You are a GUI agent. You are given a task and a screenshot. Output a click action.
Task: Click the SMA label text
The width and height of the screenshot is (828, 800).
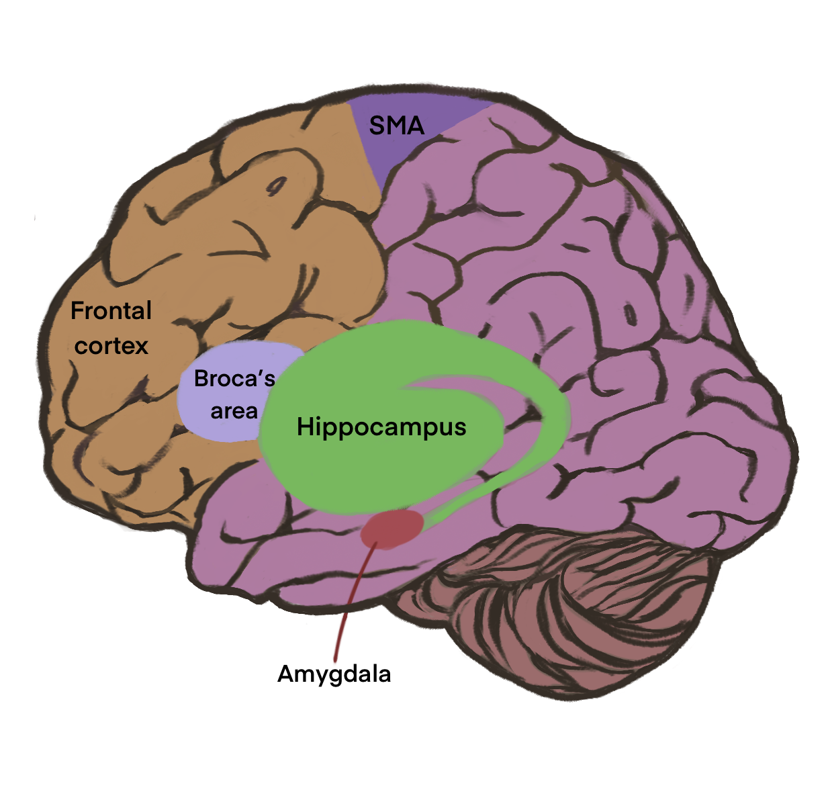coord(396,126)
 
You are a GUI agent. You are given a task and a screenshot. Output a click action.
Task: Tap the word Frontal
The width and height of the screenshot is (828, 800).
coord(111,311)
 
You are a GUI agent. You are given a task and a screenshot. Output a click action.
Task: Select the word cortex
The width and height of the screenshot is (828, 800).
coord(111,346)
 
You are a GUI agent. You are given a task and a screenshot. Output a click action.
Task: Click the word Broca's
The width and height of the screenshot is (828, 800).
coord(234,379)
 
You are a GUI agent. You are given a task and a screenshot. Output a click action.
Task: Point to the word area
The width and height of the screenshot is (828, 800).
coord(234,411)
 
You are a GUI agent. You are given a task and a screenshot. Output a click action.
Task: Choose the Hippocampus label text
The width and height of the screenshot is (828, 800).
coord(381,427)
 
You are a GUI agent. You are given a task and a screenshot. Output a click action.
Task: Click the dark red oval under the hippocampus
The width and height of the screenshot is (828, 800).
coord(392,529)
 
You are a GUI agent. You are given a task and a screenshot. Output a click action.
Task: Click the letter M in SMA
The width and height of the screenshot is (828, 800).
coord(398,126)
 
